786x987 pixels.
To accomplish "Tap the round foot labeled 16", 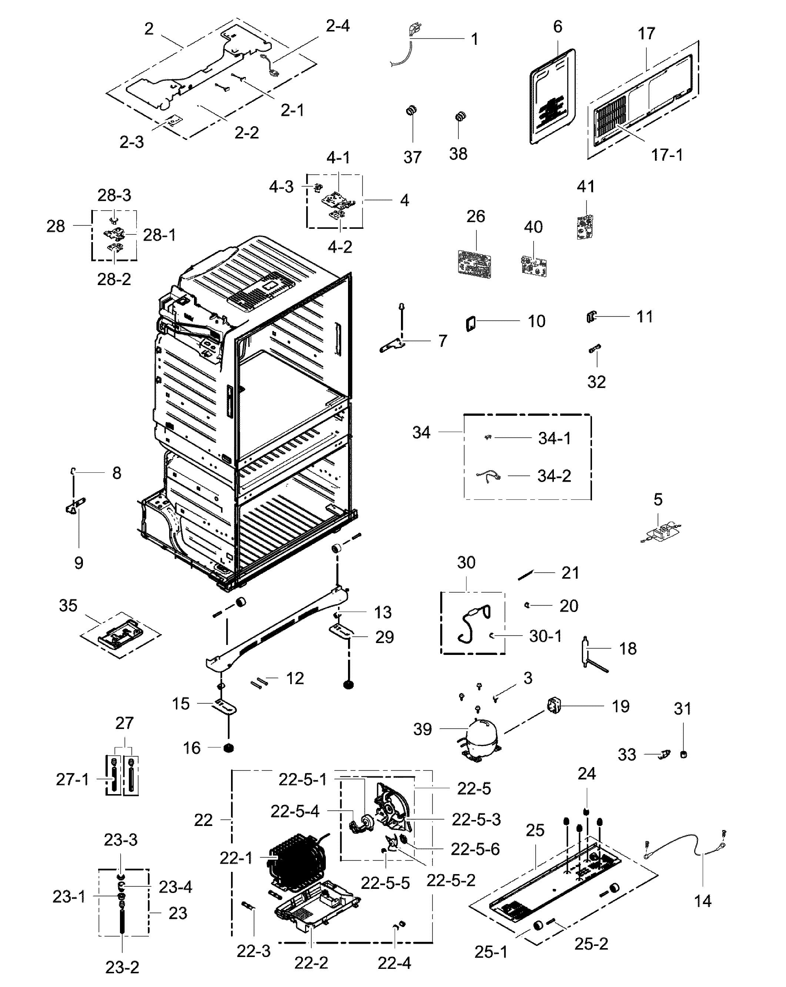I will pyautogui.click(x=228, y=748).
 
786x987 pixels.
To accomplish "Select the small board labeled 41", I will pyautogui.click(x=585, y=227).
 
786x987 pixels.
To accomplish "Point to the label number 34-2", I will pyautogui.click(x=554, y=476).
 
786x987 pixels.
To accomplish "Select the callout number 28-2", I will pyautogui.click(x=114, y=279).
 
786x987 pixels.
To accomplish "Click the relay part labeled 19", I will pyautogui.click(x=554, y=706).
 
